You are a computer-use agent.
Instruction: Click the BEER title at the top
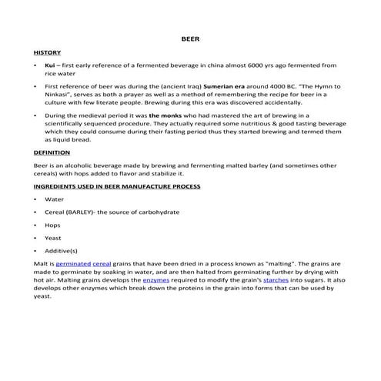[190, 37]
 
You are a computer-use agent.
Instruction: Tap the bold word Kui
[51, 66]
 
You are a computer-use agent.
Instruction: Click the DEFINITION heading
[52, 152]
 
